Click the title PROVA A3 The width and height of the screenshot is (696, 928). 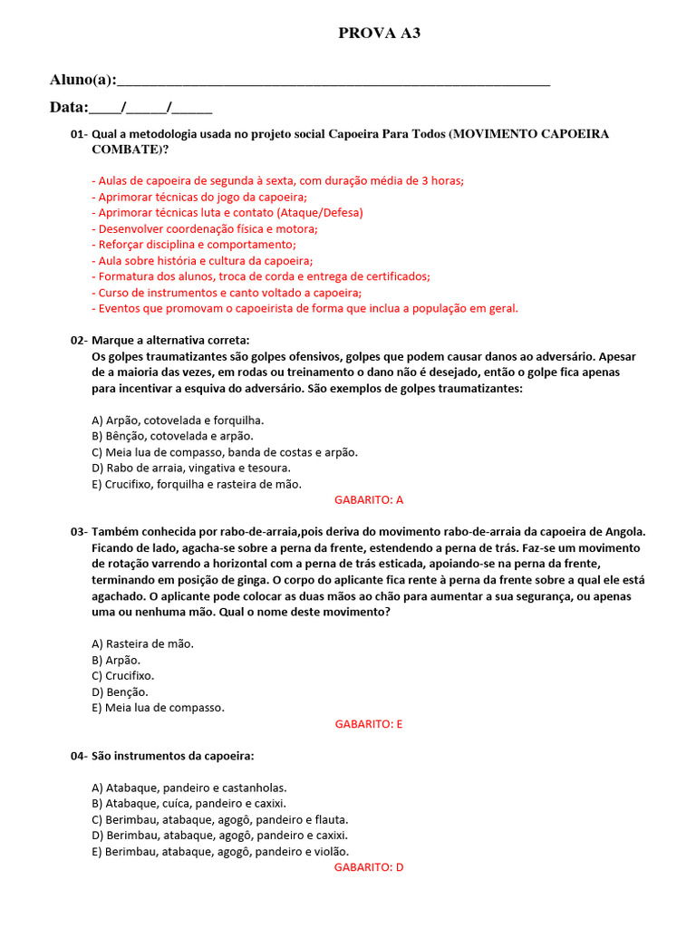[x=379, y=34]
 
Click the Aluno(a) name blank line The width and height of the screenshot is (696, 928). [x=333, y=82]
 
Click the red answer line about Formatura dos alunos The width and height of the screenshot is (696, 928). [x=261, y=276]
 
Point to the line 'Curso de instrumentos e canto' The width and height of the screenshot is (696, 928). [x=227, y=293]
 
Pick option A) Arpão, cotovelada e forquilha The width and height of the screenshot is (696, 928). [x=178, y=420]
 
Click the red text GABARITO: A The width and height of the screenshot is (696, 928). [x=369, y=499]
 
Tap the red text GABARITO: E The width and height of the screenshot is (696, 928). [x=369, y=724]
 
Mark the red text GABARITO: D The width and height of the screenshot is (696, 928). [x=369, y=867]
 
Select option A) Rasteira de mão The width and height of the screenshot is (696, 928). [x=143, y=643]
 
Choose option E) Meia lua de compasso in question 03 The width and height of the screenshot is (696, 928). [x=158, y=707]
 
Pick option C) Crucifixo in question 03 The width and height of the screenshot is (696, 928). [x=123, y=675]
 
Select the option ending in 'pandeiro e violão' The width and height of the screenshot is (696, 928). [x=220, y=851]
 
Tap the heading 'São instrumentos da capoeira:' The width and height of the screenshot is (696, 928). [x=172, y=756]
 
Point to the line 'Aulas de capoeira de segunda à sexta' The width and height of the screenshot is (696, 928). [x=277, y=180]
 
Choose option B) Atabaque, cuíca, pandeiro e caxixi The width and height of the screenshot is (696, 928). [x=188, y=804]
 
